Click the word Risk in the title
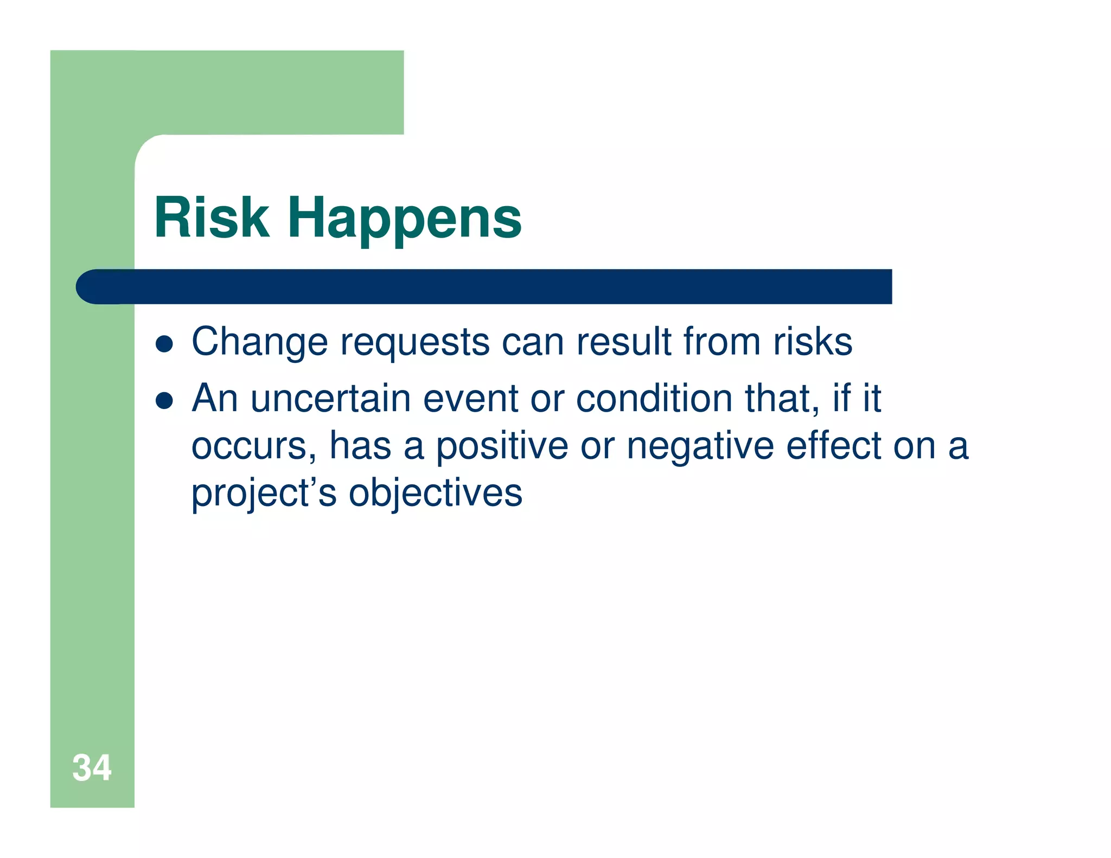pos(212,218)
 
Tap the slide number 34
pos(92,767)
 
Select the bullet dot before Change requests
pos(164,344)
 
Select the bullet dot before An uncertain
pos(164,401)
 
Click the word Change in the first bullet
pos(260,343)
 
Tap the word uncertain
pos(331,399)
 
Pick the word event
pos(470,399)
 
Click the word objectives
pos(435,494)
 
